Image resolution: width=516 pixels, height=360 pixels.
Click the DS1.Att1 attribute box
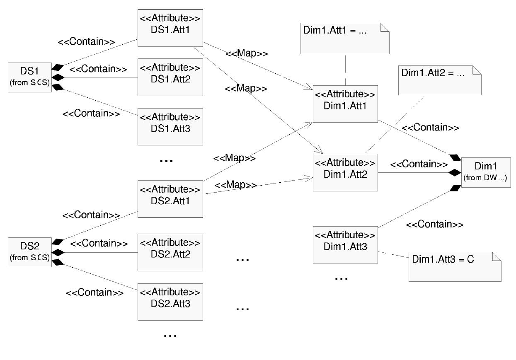[170, 27]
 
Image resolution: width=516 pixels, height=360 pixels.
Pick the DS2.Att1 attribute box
[170, 198]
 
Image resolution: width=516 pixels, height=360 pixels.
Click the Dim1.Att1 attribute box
[345, 104]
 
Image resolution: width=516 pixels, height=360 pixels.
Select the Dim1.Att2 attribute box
[345, 172]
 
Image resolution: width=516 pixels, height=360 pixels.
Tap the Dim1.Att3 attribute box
[345, 244]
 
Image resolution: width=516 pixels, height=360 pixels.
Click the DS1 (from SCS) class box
[29, 77]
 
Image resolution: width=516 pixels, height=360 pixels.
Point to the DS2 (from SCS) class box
[29, 252]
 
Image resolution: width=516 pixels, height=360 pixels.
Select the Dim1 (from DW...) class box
[485, 172]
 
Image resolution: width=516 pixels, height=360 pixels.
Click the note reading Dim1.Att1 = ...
[344, 38]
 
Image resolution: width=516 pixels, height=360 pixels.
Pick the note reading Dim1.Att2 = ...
[439, 80]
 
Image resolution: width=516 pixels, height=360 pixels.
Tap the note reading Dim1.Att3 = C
[455, 266]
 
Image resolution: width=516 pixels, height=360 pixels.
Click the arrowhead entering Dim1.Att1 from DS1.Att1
[310, 88]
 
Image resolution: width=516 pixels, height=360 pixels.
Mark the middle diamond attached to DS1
[57, 77]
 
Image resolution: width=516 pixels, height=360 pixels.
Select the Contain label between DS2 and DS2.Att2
[99, 244]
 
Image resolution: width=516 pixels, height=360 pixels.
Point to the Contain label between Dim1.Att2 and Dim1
[419, 164]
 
